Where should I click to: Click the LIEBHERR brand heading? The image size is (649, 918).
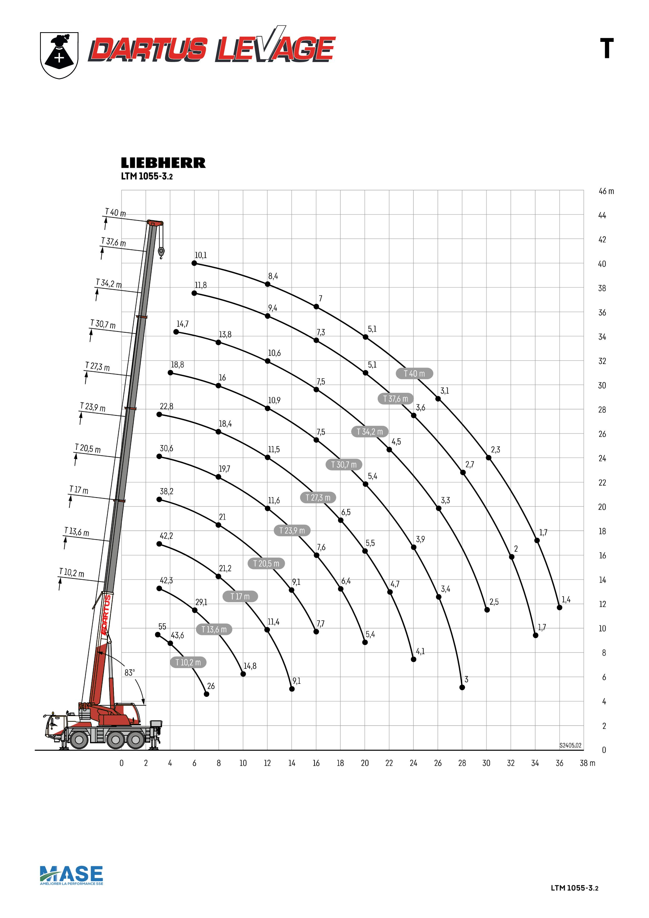pyautogui.click(x=163, y=163)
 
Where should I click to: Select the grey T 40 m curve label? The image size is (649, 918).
pyautogui.click(x=414, y=373)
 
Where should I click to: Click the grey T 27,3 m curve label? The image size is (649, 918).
pyautogui.click(x=318, y=497)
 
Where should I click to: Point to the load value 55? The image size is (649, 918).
pyautogui.click(x=162, y=626)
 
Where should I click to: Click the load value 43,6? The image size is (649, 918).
pyautogui.click(x=177, y=635)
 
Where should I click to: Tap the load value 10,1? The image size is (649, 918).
pyautogui.click(x=201, y=255)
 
